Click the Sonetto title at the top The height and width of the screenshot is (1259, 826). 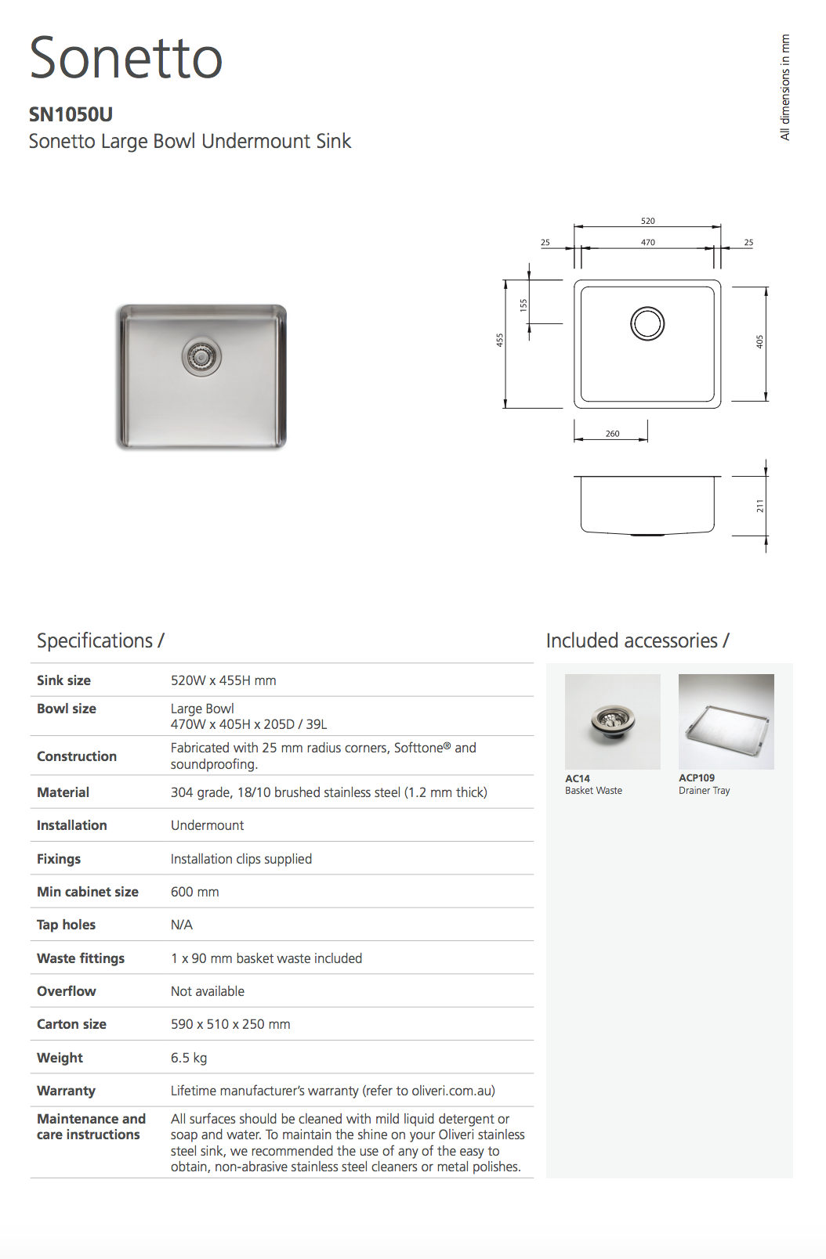tap(125, 59)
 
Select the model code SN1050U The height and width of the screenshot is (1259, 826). tap(71, 114)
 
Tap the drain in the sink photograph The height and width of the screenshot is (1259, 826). tap(201, 357)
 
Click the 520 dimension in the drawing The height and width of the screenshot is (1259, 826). tap(647, 221)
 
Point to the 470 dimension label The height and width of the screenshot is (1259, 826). tap(647, 242)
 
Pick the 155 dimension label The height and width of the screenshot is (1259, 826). tap(523, 305)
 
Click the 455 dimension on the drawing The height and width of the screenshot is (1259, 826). tap(499, 340)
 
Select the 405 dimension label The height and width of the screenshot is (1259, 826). tap(759, 341)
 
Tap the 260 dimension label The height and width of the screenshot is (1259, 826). tap(612, 433)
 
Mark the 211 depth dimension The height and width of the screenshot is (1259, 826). tap(759, 507)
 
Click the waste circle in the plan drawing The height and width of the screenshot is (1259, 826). tap(647, 323)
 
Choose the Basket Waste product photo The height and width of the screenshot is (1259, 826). tap(612, 721)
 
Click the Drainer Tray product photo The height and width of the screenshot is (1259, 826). tap(726, 721)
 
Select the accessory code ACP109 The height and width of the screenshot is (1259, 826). tap(697, 777)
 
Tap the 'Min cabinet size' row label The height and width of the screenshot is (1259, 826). tap(87, 892)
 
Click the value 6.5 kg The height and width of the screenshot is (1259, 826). tap(189, 1058)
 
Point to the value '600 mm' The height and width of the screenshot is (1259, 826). tap(195, 892)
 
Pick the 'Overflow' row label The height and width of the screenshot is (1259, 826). tap(67, 991)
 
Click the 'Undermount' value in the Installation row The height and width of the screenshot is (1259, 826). tap(207, 825)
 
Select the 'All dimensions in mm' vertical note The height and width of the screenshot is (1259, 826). tap(784, 87)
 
